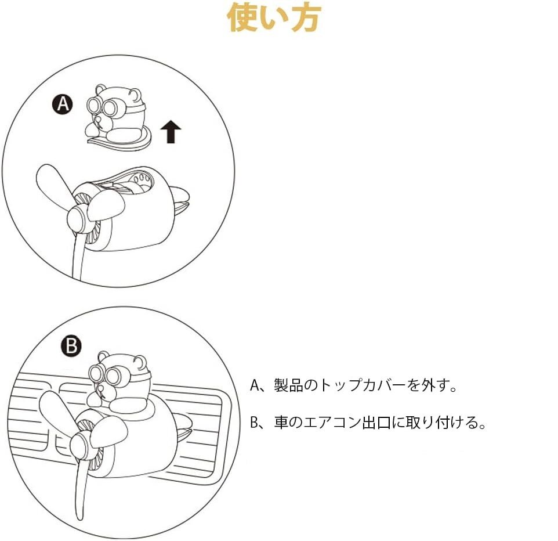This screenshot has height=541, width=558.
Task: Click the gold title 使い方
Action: (x=274, y=17)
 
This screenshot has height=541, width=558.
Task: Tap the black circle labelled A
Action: (x=63, y=104)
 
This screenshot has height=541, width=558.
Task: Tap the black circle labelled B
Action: (x=71, y=345)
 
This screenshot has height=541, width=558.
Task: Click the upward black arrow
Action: (x=171, y=131)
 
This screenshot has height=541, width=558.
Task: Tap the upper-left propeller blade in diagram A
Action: (x=53, y=185)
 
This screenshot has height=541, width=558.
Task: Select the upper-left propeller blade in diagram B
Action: (x=57, y=413)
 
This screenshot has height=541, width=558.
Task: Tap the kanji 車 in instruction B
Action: (x=281, y=423)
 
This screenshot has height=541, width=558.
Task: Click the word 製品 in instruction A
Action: (x=288, y=385)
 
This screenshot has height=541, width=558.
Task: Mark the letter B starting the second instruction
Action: (x=253, y=423)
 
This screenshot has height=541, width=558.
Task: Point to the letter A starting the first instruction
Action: (x=254, y=385)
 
